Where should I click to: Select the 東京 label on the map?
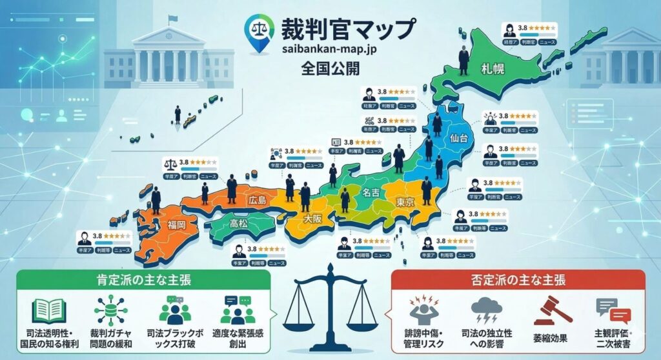coord(405,202)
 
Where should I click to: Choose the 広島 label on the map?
coord(257,201)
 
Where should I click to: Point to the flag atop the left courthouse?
coord(172,18)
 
